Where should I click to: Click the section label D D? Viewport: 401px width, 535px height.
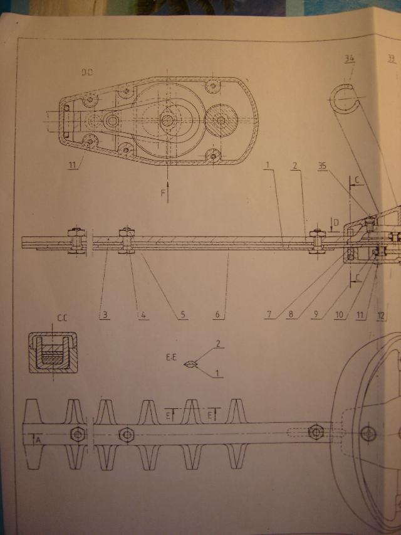(x=86, y=73)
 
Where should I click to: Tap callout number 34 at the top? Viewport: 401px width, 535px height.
(x=350, y=60)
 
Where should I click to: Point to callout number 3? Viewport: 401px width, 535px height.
(x=102, y=315)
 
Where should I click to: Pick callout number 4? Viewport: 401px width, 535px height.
(x=143, y=315)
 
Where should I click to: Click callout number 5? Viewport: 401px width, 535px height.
(x=183, y=315)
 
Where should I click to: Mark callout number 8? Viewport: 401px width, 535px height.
(x=289, y=315)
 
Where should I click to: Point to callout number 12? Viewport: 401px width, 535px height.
(x=382, y=315)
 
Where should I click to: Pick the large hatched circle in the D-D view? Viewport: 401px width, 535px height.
(x=222, y=120)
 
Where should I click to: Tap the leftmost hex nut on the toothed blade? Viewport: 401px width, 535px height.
(x=77, y=433)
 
